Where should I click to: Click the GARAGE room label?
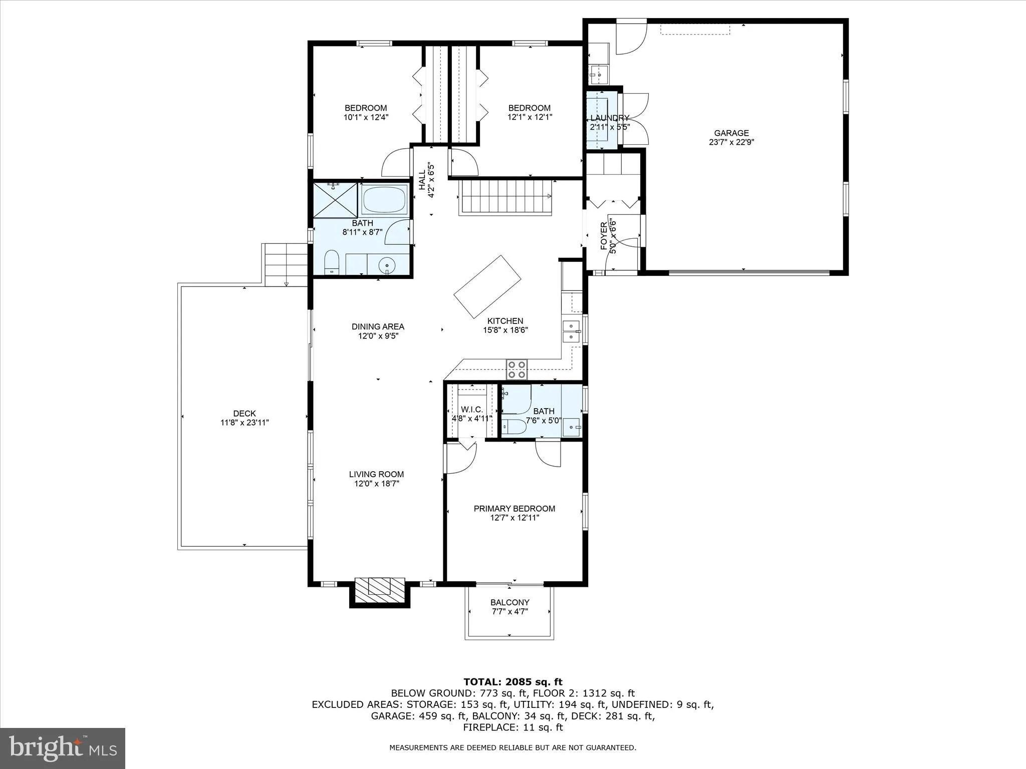[731, 133]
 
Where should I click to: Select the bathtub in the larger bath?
[384, 200]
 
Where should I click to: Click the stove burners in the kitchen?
[517, 369]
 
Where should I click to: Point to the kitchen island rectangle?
[487, 286]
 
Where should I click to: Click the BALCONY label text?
[509, 602]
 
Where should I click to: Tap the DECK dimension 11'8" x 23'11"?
[244, 423]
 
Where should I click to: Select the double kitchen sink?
[571, 331]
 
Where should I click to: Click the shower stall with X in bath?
[335, 200]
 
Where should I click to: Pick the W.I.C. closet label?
[472, 410]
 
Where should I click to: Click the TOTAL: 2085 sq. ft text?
[512, 682]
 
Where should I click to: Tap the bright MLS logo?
[62, 748]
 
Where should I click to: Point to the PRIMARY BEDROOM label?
[514, 509]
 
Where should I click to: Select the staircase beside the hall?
[505, 197]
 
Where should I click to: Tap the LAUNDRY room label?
[609, 118]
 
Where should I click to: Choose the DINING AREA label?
[378, 327]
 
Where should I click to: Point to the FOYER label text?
[604, 236]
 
